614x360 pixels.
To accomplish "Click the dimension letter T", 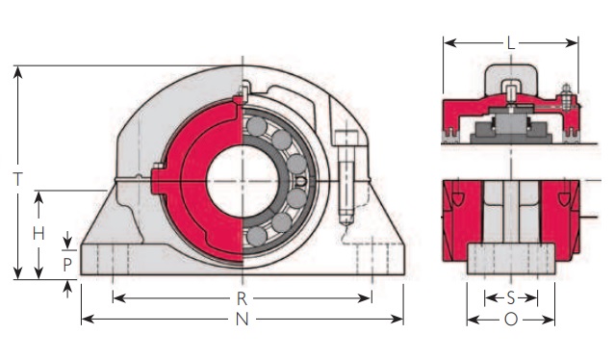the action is click(x=17, y=179).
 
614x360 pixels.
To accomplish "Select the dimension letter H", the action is click(x=38, y=234).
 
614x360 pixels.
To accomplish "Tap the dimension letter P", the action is click(x=67, y=265).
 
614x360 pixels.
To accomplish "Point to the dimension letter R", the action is click(x=242, y=299).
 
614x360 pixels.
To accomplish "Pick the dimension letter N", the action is click(x=242, y=320).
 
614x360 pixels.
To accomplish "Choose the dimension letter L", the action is click(x=511, y=43).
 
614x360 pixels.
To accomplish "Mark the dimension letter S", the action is click(x=511, y=298).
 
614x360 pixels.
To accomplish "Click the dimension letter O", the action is click(x=511, y=320).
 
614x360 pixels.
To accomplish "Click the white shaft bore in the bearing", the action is click(x=242, y=181).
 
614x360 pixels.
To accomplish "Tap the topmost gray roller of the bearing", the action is click(x=257, y=126).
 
